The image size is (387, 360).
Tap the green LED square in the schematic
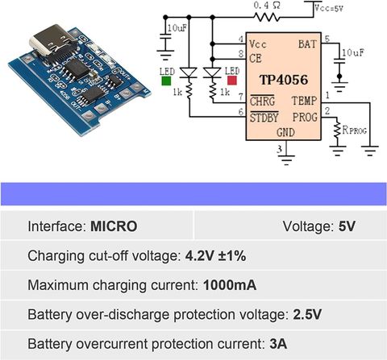[166, 81]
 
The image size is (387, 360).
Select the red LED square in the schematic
[232, 81]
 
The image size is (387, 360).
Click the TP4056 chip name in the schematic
[284, 80]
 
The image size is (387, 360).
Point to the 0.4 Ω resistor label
[267, 6]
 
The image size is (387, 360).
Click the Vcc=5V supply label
[329, 8]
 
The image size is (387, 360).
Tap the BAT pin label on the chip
[307, 44]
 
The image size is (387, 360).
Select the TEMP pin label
[305, 101]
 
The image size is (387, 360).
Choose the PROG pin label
[305, 117]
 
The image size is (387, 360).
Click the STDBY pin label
[264, 118]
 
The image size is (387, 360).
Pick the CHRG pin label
[262, 101]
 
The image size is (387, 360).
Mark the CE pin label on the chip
[256, 59]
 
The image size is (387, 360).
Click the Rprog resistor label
[354, 130]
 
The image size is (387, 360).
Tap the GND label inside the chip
[285, 132]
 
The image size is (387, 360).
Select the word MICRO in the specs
[114, 226]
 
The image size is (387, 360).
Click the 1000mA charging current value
[230, 285]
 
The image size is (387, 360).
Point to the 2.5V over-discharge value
[307, 314]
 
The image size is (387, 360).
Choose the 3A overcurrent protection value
[278, 344]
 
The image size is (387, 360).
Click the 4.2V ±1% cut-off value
[215, 255]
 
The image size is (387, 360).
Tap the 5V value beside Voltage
[347, 226]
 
